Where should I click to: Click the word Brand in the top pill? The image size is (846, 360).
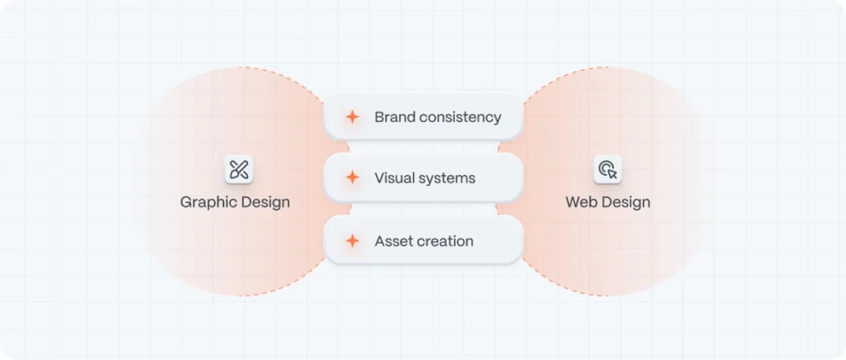coord(391,117)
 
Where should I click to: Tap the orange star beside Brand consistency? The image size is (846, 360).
coord(352,117)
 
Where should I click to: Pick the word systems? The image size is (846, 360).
coord(446,179)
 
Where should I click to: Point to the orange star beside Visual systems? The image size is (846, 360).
coord(352,178)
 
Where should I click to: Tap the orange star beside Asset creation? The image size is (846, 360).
coord(352,241)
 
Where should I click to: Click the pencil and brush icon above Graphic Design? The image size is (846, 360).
coord(239,169)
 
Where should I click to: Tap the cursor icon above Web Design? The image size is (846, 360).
coord(608,169)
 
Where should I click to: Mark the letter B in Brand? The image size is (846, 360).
coord(378,117)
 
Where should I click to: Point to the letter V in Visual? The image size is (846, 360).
coord(379,178)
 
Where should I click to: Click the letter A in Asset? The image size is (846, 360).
coord(380,241)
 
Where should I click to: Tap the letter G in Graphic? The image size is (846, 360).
coord(186,202)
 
